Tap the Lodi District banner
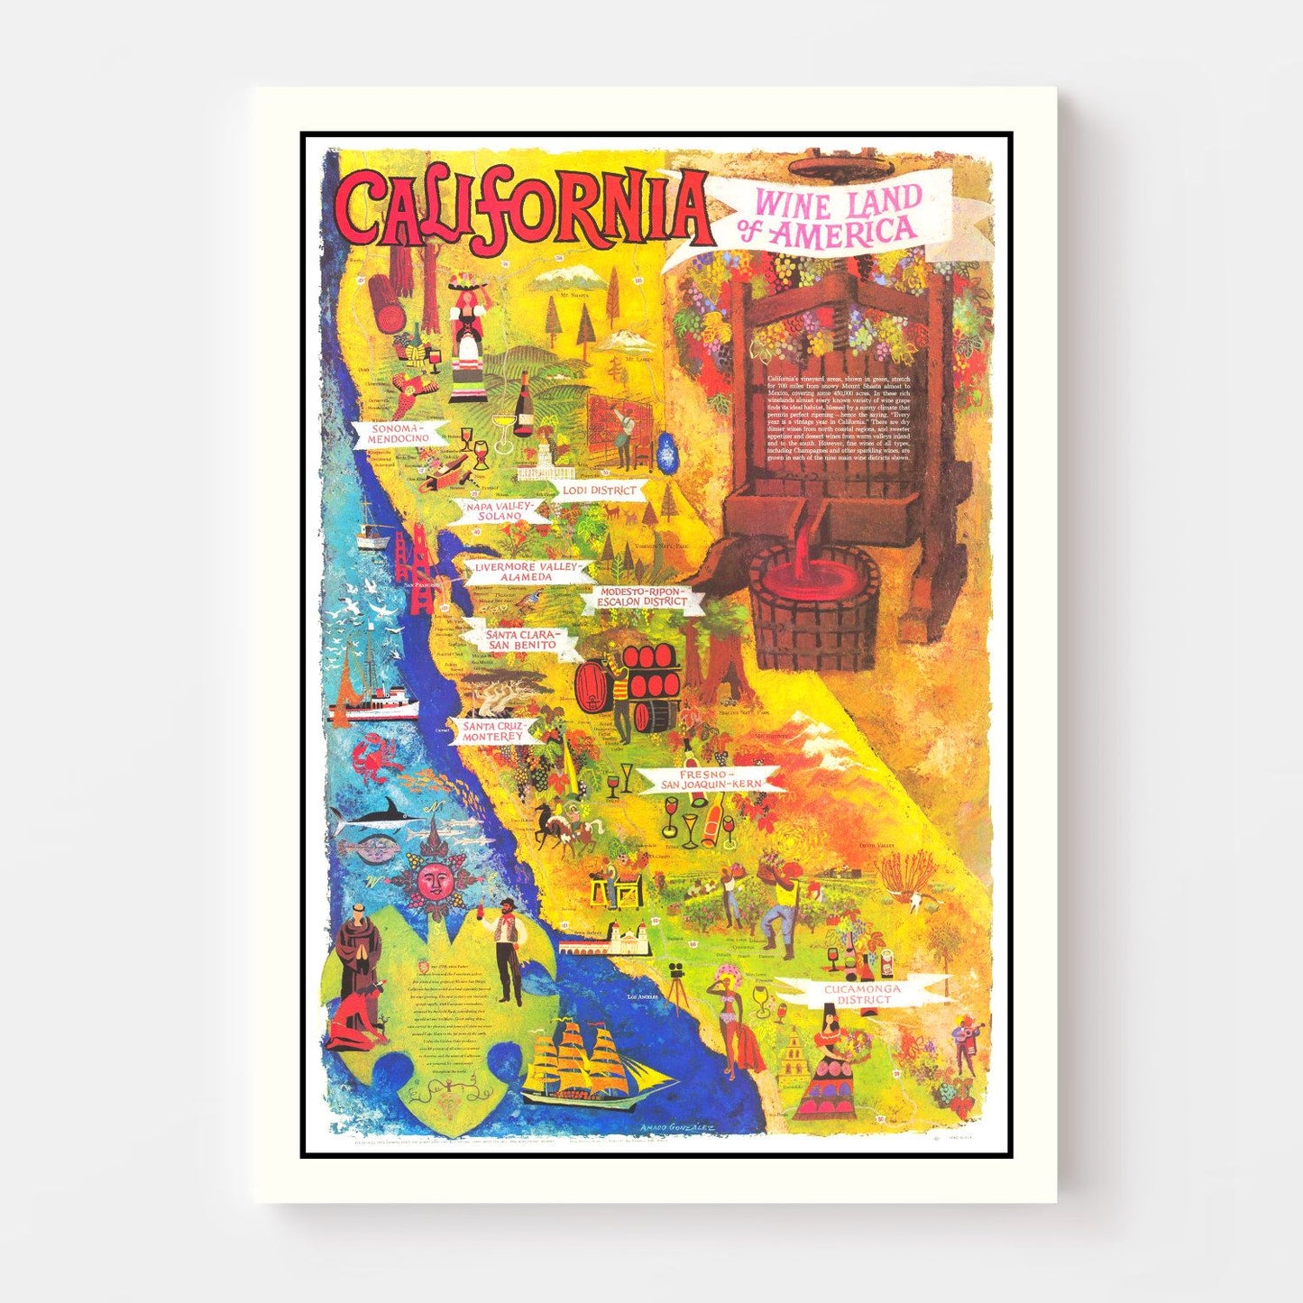click(599, 490)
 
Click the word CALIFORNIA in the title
click(523, 215)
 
